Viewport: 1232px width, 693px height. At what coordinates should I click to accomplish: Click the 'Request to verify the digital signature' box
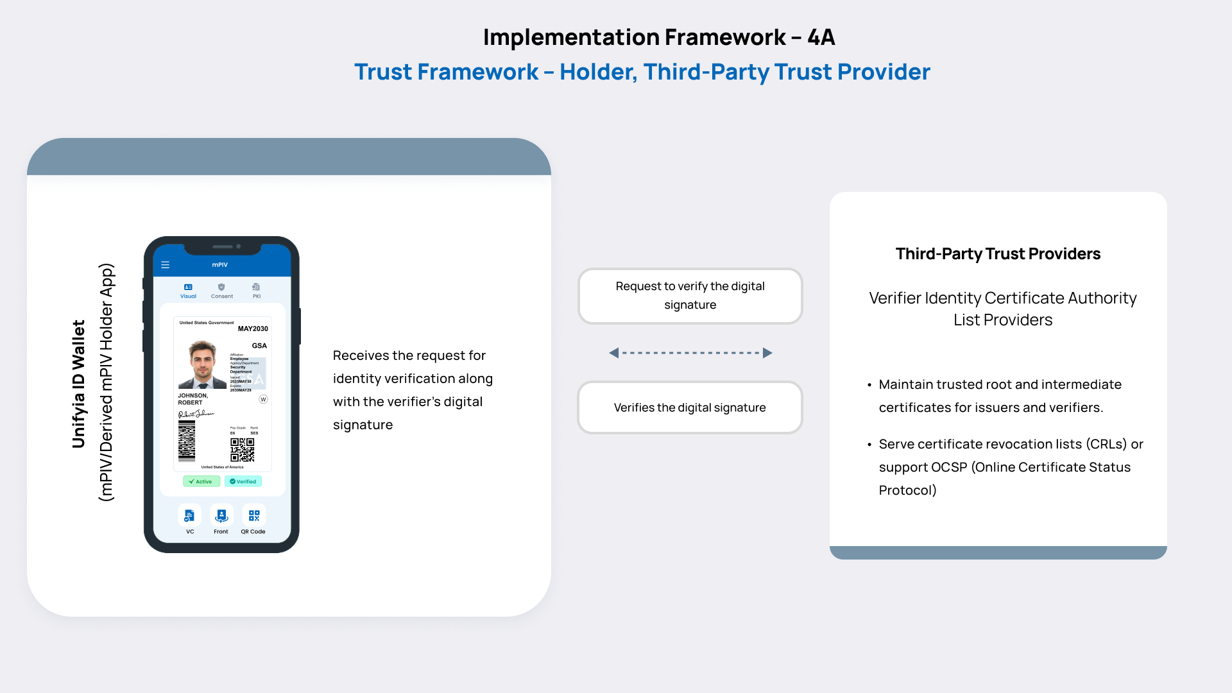(690, 296)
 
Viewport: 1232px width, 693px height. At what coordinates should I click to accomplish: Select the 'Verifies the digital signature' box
(690, 407)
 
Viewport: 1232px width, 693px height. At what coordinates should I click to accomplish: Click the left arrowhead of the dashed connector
(614, 353)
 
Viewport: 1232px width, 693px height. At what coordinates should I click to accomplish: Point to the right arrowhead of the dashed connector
(767, 353)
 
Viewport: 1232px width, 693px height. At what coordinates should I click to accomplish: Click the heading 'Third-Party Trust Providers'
(998, 254)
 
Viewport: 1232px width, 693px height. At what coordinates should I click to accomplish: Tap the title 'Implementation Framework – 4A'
(658, 37)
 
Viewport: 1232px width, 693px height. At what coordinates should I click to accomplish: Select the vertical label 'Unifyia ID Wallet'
(78, 384)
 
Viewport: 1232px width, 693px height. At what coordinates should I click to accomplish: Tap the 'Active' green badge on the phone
(201, 481)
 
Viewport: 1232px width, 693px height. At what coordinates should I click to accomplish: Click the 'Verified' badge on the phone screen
(243, 481)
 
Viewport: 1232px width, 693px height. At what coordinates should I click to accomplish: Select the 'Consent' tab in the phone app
(222, 291)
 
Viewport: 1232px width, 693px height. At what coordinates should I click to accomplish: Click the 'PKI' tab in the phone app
(256, 291)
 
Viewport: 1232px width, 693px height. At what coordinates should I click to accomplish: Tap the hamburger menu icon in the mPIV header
(165, 265)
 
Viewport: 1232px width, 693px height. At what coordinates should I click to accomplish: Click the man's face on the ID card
(203, 361)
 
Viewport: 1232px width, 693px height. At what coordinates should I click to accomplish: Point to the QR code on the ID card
(243, 450)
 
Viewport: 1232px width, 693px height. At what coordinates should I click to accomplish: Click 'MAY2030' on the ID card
(253, 329)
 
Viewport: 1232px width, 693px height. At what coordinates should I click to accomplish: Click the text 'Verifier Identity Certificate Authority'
(1002, 298)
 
